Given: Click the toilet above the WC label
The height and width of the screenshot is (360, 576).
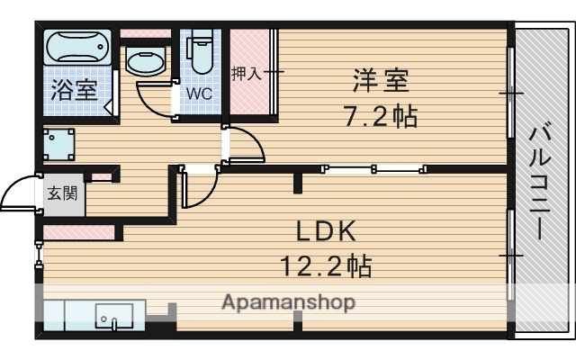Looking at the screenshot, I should [201, 54].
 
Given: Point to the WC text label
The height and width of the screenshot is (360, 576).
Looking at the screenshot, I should [200, 93].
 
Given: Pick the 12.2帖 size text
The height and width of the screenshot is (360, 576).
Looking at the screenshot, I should [326, 265].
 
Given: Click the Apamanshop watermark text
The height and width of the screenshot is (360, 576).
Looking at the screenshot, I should [288, 301].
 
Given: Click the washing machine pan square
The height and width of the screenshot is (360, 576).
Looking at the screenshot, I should [59, 144].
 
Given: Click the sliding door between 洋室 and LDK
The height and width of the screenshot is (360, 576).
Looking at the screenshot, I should [374, 167].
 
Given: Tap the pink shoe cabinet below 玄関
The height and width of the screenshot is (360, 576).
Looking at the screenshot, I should [80, 233].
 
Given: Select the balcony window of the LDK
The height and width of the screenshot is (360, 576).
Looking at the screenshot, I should [512, 256].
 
